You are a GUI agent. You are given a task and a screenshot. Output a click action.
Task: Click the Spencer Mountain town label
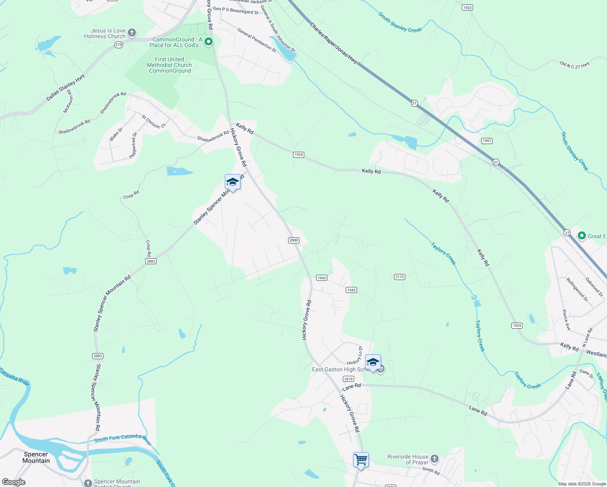tap(36, 457)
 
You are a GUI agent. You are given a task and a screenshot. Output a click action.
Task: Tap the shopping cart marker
tap(361, 460)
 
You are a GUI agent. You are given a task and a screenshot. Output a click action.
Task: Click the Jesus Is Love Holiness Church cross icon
tap(131, 33)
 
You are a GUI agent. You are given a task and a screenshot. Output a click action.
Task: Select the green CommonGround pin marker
tap(209, 42)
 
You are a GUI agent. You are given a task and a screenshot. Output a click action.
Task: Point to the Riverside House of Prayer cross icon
tap(434, 459)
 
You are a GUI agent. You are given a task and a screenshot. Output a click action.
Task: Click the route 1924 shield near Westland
tap(517, 325)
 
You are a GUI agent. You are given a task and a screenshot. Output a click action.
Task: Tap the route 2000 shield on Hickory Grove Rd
tap(294, 240)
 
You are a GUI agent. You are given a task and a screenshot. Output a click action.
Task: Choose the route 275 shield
tap(118, 45)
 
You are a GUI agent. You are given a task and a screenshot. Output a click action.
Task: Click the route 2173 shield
tap(399, 277)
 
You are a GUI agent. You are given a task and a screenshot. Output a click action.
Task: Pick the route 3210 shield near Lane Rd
tap(348, 379)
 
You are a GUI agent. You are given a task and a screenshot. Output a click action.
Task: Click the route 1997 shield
tap(486, 141)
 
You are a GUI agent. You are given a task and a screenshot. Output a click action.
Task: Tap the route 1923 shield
tap(467, 8)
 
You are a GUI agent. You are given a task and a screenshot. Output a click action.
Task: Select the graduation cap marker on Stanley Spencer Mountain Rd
tap(232, 182)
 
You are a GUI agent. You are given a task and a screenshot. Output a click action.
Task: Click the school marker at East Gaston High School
tap(372, 362)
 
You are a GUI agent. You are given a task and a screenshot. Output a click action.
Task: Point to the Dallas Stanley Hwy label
tap(65, 87)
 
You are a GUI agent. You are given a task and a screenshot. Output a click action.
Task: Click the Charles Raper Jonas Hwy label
tap(334, 43)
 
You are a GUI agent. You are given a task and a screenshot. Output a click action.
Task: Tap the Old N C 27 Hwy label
tap(575, 65)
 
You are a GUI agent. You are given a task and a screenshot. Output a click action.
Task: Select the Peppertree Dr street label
tap(133, 145)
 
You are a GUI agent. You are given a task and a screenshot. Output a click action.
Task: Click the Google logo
tap(13, 482)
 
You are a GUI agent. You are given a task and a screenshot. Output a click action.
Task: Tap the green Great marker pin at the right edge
tap(581, 236)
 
